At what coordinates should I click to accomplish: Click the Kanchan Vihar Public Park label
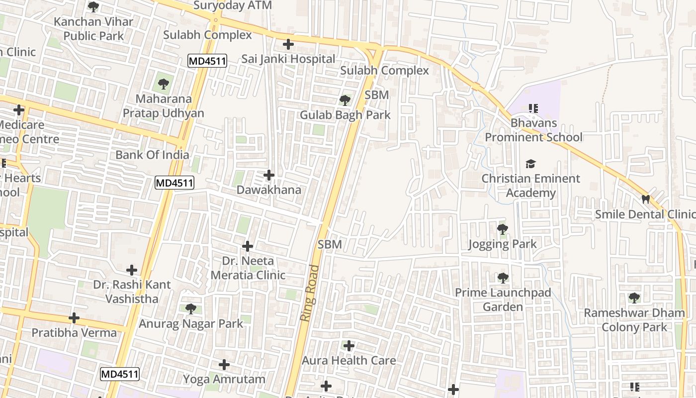93,29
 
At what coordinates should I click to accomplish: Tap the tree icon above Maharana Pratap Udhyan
164,84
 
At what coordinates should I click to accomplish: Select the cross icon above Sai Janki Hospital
288,44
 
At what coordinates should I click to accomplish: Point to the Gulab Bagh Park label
345,115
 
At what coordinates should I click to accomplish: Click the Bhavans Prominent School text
533,130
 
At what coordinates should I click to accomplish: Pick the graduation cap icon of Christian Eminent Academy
531,164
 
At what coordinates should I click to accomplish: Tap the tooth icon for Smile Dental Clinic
646,199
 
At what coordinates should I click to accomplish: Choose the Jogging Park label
503,244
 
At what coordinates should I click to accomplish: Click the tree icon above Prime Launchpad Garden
503,278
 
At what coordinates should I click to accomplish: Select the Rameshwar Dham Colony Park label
634,320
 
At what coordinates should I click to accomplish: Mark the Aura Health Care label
349,360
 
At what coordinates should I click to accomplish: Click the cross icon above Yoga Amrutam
224,365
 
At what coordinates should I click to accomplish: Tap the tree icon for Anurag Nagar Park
190,309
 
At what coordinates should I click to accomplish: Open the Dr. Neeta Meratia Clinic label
248,268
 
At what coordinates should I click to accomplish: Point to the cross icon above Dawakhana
269,175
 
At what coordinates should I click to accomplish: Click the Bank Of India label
152,155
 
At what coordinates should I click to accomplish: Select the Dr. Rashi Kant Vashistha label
132,292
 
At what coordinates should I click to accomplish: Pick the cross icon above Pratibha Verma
74,317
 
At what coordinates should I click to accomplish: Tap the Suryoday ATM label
233,5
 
